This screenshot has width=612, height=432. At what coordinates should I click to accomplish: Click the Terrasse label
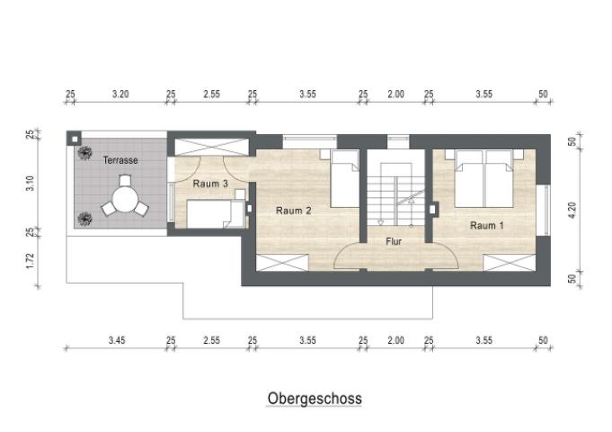(x=120, y=160)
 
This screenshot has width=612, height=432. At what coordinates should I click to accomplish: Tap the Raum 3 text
(x=210, y=184)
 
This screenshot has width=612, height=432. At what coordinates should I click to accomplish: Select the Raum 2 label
(x=294, y=211)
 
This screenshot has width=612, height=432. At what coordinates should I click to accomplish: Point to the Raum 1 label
(x=488, y=225)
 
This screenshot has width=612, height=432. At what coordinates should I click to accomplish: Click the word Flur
(x=394, y=241)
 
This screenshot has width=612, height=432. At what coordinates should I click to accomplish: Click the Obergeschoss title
(x=314, y=397)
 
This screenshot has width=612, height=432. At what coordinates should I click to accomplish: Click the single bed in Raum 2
(x=343, y=178)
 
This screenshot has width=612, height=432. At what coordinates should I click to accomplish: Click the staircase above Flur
(x=395, y=193)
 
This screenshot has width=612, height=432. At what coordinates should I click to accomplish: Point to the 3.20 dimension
(x=120, y=94)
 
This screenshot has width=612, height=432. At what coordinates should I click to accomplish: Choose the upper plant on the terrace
(x=83, y=154)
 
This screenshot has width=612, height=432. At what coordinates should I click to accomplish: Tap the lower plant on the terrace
(x=84, y=218)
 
